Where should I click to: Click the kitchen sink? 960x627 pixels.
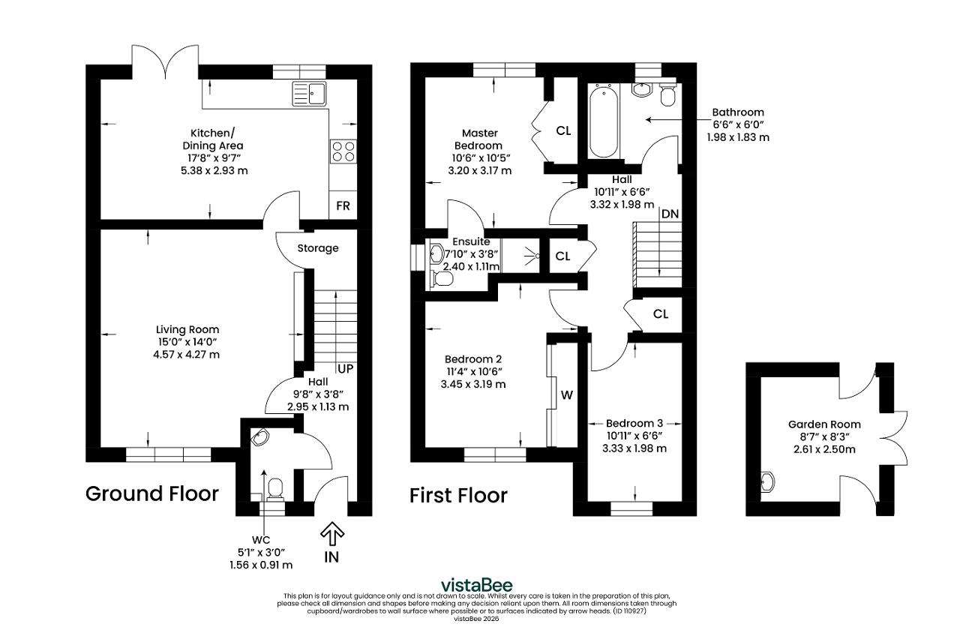[310, 94]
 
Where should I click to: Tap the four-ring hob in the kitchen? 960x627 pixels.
[343, 151]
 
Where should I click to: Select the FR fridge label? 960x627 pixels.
[343, 206]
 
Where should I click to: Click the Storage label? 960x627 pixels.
[318, 248]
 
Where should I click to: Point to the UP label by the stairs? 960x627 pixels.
[346, 368]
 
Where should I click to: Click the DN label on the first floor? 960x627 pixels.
[670, 214]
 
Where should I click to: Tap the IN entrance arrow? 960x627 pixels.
[332, 532]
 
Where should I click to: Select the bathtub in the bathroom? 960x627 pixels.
[604, 121]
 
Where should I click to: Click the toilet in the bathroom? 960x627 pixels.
[667, 92]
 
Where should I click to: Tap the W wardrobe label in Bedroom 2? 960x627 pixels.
[566, 395]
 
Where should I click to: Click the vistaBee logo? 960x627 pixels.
[477, 585]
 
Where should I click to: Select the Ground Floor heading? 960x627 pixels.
[152, 493]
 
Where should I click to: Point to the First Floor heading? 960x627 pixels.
[458, 496]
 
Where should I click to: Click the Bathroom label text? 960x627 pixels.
[738, 112]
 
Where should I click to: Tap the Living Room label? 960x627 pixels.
[187, 329]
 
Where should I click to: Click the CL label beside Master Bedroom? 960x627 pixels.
[563, 130]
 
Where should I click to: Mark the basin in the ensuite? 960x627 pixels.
[436, 253]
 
